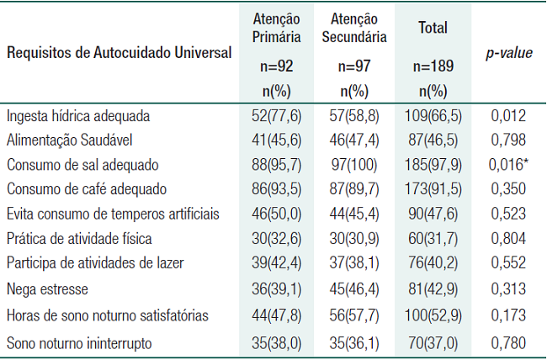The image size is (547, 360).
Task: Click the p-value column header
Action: click(x=509, y=53)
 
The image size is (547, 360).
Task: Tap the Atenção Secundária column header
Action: click(x=353, y=27)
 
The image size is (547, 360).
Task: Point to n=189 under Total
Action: click(x=433, y=65)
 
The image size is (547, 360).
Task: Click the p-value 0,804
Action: click(x=508, y=238)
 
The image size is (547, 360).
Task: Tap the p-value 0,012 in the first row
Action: click(x=508, y=115)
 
